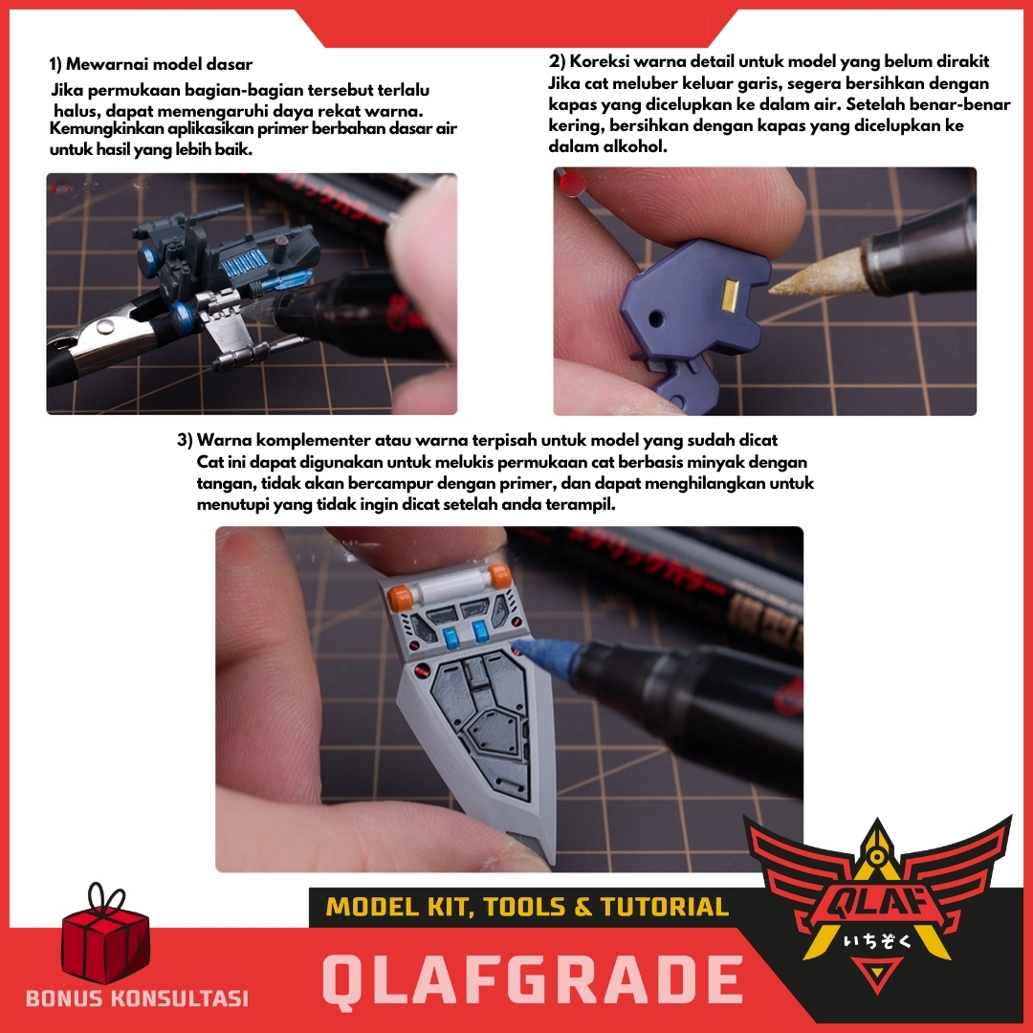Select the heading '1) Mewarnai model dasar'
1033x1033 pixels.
[x=151, y=65]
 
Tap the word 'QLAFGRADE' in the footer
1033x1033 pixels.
[x=533, y=979]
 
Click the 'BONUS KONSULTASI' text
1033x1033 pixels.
[x=137, y=998]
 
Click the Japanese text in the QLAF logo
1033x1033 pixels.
[x=877, y=941]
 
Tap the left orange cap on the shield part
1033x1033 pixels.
[x=399, y=596]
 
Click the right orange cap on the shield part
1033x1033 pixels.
[x=498, y=577]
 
